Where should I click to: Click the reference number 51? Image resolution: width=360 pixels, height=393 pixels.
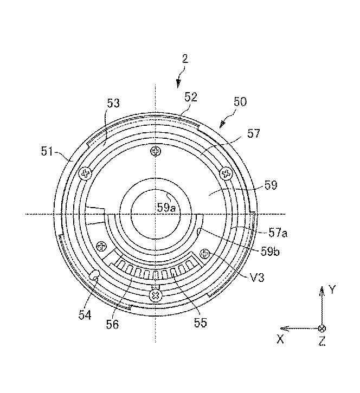[x=47, y=151]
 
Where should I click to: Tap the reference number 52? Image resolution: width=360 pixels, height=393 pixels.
[x=191, y=97]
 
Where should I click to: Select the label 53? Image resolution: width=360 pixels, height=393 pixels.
[x=113, y=103]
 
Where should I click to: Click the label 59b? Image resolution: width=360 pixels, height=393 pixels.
[x=270, y=252]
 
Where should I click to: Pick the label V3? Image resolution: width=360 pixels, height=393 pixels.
[x=257, y=278]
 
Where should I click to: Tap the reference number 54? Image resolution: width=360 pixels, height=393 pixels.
[x=85, y=315]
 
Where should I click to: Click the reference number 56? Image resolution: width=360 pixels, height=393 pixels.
[x=112, y=324]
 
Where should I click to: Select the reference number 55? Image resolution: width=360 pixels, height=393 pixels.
[x=201, y=323]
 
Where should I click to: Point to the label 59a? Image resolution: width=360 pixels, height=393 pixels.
[x=166, y=208]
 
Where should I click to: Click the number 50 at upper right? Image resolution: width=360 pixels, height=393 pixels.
[x=240, y=102]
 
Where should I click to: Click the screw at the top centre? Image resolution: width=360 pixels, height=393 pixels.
[x=156, y=151]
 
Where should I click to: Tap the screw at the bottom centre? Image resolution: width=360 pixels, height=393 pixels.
[x=156, y=296]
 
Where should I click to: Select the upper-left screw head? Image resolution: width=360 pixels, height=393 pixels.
[x=86, y=173]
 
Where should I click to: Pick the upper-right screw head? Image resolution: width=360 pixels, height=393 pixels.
[x=226, y=173]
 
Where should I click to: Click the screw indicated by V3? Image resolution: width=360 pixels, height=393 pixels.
[x=205, y=254]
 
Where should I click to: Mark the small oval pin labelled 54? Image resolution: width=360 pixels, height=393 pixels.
[x=94, y=275]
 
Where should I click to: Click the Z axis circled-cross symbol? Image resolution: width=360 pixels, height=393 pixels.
[x=322, y=328]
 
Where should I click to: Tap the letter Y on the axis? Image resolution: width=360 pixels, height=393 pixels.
[x=332, y=290]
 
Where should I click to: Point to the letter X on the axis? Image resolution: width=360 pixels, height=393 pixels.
[x=280, y=340]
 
